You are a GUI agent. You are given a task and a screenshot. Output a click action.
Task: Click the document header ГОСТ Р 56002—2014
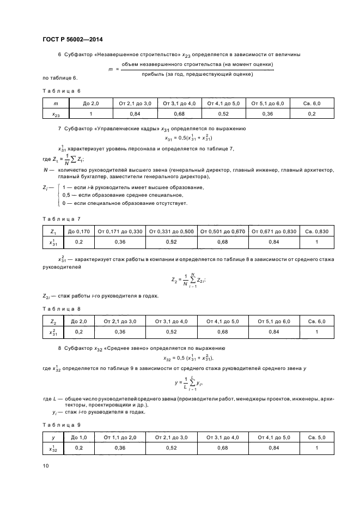tap(72, 39)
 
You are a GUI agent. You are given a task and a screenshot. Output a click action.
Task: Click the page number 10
tap(46, 465)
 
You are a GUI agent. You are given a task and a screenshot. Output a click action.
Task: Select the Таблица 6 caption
tap(61, 91)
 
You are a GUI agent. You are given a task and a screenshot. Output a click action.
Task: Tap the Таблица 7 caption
tap(61, 218)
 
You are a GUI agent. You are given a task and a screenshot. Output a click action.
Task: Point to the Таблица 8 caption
tap(61, 308)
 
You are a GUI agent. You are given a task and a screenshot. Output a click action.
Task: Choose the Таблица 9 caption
tap(61, 424)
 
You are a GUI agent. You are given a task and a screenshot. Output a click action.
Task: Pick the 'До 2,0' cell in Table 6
tap(91, 104)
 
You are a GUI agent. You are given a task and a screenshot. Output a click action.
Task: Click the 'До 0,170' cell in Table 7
tap(79, 231)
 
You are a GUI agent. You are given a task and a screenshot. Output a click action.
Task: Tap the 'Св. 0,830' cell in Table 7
tap(316, 231)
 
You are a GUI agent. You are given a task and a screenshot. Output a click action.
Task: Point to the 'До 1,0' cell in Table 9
tap(79, 438)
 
